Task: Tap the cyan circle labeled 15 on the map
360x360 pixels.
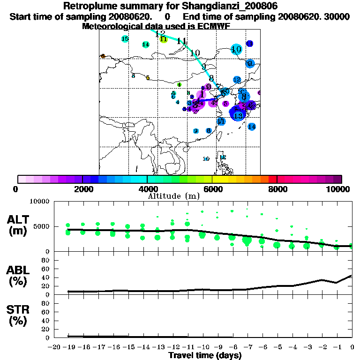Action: point(125,39)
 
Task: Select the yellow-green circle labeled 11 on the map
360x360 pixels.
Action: point(163,39)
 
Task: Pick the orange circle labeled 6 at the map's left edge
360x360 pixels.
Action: point(103,56)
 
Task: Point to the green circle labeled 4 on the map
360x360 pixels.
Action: point(179,85)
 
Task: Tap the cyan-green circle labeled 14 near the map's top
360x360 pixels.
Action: point(146,45)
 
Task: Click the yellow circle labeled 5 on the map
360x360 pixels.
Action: point(148,78)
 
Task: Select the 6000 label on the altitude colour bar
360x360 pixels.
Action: point(212,189)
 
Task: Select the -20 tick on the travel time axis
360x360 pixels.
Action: point(54,347)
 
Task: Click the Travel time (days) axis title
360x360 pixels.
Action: point(205,356)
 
